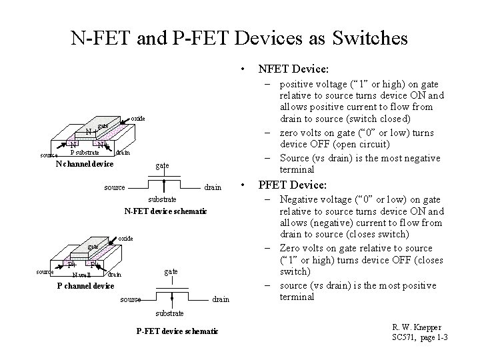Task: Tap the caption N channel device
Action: click(x=85, y=163)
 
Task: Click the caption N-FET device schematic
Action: click(x=166, y=211)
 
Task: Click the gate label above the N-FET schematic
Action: click(x=162, y=165)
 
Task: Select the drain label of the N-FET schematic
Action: click(x=213, y=187)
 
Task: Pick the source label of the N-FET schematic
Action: click(x=114, y=187)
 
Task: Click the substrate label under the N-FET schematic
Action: click(x=162, y=199)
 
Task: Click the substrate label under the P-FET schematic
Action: click(x=170, y=312)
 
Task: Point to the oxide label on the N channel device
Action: click(x=137, y=118)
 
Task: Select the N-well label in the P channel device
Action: click(x=82, y=274)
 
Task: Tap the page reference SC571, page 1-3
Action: click(x=419, y=339)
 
